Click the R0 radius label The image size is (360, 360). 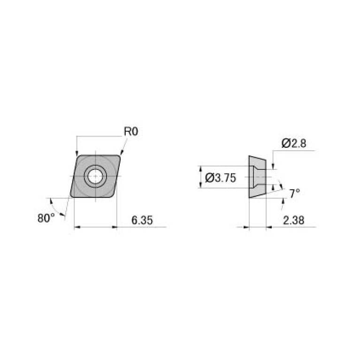(x=131, y=132)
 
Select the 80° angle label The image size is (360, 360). (x=46, y=218)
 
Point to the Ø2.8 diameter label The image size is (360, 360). (x=294, y=144)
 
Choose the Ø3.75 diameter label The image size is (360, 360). (x=221, y=178)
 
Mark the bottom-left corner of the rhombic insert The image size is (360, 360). (x=71, y=197)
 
